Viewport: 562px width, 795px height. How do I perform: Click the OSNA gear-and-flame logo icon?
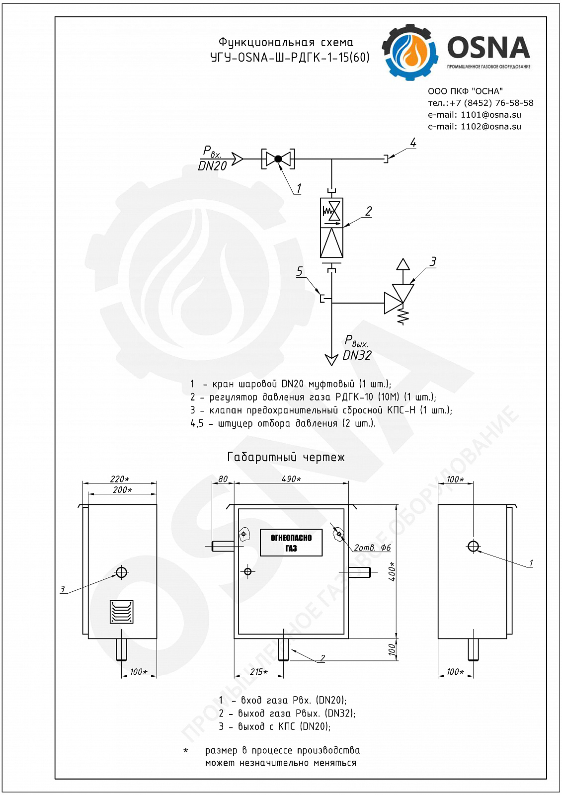(x=410, y=52)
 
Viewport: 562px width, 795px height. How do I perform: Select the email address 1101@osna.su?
(x=491, y=115)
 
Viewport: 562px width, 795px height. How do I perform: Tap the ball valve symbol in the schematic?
(x=278, y=159)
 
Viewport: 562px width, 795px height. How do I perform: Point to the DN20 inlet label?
(x=212, y=166)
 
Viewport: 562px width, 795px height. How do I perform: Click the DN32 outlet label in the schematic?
(x=357, y=355)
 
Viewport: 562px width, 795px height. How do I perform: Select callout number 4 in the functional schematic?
(x=413, y=143)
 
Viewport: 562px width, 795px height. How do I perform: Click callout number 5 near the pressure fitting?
(x=299, y=271)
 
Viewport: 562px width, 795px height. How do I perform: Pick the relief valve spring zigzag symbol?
(x=403, y=316)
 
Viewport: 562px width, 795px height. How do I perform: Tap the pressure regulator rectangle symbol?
(x=331, y=228)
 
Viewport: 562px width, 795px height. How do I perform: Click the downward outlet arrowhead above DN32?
(x=331, y=360)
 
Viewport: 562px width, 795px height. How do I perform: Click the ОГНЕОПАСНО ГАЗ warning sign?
(x=291, y=543)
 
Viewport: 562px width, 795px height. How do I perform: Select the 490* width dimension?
(x=291, y=479)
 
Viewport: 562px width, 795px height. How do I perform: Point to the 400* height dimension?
(x=392, y=571)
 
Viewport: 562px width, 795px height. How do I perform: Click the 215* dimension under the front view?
(x=259, y=672)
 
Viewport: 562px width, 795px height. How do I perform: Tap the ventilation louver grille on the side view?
(x=121, y=612)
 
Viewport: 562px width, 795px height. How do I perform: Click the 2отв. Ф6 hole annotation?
(x=372, y=548)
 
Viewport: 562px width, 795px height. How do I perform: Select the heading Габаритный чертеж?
(x=286, y=457)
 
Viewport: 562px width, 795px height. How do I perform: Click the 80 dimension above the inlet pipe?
(x=223, y=479)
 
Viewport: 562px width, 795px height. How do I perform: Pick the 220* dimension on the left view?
(x=120, y=479)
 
